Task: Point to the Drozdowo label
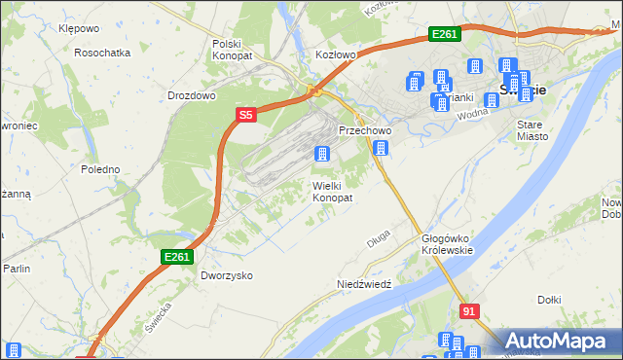pyautogui.click(x=191, y=96)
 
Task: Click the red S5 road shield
pyautogui.click(x=246, y=115)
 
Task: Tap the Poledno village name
pyautogui.click(x=100, y=169)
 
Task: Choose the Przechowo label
pyautogui.click(x=364, y=130)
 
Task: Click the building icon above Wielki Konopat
pyautogui.click(x=321, y=154)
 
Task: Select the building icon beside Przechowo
pyautogui.click(x=381, y=148)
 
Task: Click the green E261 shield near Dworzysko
pyautogui.click(x=177, y=257)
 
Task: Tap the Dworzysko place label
pyautogui.click(x=227, y=275)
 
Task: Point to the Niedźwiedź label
pyautogui.click(x=363, y=284)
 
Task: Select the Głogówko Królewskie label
pyautogui.click(x=447, y=244)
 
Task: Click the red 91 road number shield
pyautogui.click(x=469, y=311)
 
